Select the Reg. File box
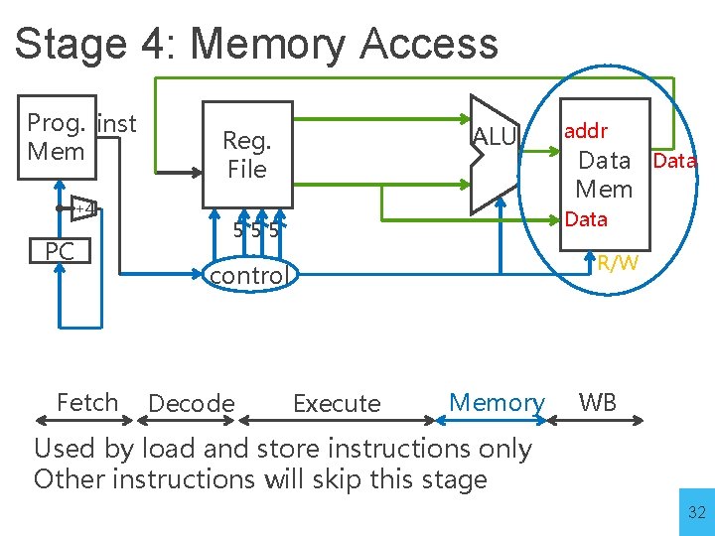point(246,155)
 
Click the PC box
point(60,252)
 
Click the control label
point(247,275)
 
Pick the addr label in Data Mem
point(585,130)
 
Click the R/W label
point(618,262)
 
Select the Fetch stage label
point(87,402)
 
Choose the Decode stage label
point(191,404)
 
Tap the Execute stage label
point(337,404)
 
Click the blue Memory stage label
point(497,402)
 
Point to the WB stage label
point(598,402)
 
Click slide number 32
point(695,513)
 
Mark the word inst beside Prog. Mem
point(117,124)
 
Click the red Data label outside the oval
point(674,161)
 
